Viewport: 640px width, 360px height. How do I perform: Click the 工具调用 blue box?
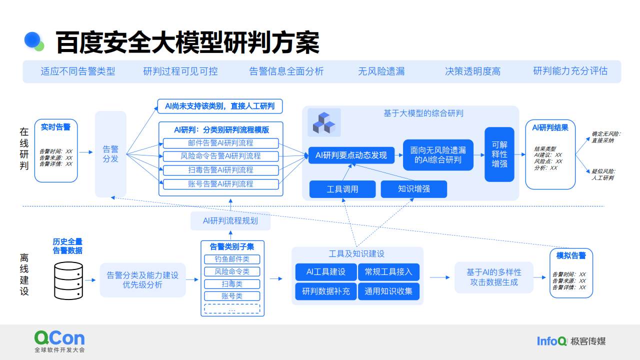point(342,189)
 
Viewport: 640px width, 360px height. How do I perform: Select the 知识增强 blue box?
point(414,189)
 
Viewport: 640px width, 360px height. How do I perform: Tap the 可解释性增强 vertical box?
point(499,154)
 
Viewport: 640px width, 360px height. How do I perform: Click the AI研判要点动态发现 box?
point(351,155)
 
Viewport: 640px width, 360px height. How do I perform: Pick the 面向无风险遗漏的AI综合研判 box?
point(438,155)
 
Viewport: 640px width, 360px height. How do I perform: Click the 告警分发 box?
point(110,154)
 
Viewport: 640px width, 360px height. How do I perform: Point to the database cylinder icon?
point(68,280)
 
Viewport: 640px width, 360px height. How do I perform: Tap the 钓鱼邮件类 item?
point(232,259)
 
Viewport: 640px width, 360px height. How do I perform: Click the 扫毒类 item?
point(232,284)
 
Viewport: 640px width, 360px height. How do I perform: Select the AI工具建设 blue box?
point(326,272)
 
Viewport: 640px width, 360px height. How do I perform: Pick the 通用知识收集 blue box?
point(388,291)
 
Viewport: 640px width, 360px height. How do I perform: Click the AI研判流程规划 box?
point(230,220)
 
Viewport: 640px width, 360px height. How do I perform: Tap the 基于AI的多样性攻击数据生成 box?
point(493,277)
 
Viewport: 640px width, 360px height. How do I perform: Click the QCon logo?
point(59,338)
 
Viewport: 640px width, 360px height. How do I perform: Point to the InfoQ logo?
point(551,341)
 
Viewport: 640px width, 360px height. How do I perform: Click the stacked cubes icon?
point(324,122)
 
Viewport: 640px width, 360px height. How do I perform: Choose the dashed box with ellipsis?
point(232,309)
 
